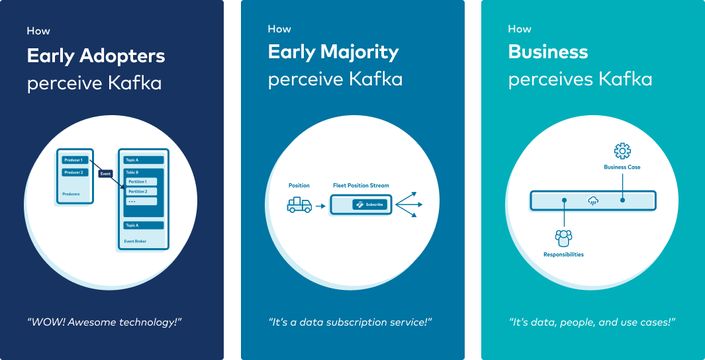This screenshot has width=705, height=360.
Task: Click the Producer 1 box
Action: tap(75, 160)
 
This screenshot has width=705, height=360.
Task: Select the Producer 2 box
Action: tap(75, 173)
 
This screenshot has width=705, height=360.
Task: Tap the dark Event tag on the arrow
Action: tap(105, 174)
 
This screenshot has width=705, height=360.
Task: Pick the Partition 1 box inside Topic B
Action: tap(141, 181)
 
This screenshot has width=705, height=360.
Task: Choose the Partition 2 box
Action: tap(141, 191)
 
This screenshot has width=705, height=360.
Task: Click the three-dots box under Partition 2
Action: tap(141, 201)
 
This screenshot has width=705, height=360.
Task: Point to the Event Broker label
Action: tap(136, 242)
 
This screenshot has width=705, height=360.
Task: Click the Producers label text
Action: tap(71, 195)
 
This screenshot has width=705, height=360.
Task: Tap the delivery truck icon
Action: tap(299, 205)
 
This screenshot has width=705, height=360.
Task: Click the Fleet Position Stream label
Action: tap(361, 186)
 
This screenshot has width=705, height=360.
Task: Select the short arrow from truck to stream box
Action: tap(320, 206)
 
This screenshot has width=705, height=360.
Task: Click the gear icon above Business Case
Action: tap(622, 151)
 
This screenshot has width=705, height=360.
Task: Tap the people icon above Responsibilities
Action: tap(563, 237)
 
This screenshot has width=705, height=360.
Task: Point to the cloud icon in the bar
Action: tap(593, 201)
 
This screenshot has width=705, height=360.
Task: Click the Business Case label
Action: tap(622, 167)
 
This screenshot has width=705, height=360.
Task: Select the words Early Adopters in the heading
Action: tap(96, 56)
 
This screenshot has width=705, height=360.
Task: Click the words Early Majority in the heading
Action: tap(333, 52)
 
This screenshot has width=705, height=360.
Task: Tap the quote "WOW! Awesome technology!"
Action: tap(104, 322)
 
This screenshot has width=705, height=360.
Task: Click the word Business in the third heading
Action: tap(547, 52)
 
